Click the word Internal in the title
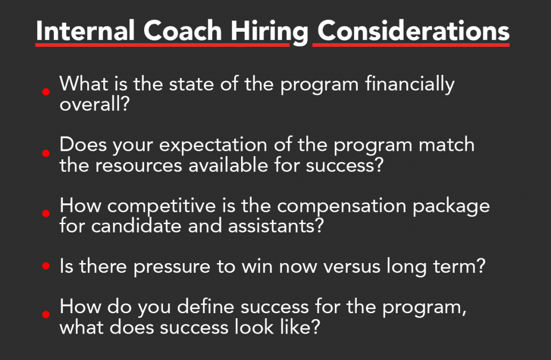(86, 31)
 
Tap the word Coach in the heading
(182, 31)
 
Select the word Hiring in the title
(269, 32)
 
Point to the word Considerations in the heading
(413, 31)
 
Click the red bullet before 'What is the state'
(46, 92)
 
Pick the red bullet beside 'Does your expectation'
(46, 153)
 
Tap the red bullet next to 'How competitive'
(46, 214)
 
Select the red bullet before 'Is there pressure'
(46, 266)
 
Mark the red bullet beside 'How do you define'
(46, 314)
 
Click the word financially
(409, 84)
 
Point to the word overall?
(95, 104)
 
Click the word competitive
(161, 207)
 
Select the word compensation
(342, 207)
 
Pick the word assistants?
(275, 226)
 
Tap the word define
(206, 306)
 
